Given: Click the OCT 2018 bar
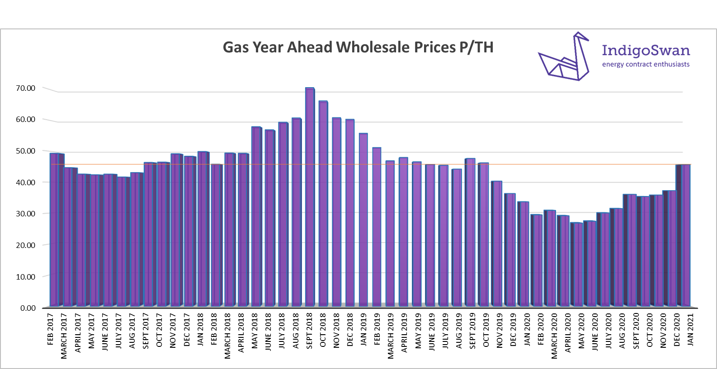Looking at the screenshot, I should [323, 204].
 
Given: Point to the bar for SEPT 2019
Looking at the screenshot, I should [470, 232].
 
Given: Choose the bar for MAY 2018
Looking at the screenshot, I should [256, 217].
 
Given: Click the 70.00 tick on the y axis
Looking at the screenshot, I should [25, 88].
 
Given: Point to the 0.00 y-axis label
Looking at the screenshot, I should [28, 308].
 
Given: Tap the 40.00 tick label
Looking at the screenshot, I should [25, 182].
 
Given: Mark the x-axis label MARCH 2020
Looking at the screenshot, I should [554, 336].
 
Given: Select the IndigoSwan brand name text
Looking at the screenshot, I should [646, 51].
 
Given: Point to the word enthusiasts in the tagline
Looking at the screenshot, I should [671, 65].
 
